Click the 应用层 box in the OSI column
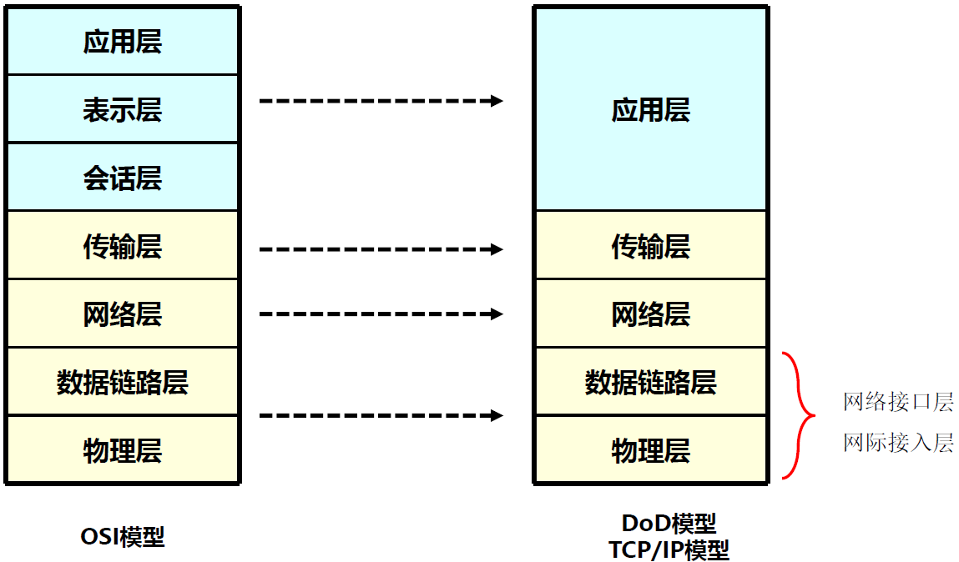(x=123, y=41)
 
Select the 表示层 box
(x=123, y=109)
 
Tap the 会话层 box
(x=123, y=178)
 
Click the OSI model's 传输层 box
(x=123, y=246)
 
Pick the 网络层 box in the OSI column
(x=123, y=314)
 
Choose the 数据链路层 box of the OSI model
(x=123, y=383)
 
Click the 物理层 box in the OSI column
(x=123, y=451)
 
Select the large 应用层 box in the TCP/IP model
(x=650, y=109)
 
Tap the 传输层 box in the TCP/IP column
(x=650, y=246)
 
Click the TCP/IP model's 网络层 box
(x=650, y=314)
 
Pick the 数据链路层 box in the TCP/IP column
(x=650, y=383)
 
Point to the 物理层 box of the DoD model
(x=650, y=451)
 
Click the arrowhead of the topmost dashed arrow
(x=497, y=101)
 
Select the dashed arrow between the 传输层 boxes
(x=380, y=248)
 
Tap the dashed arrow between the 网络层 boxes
(x=380, y=314)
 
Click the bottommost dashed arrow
(x=380, y=415)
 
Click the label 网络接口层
(x=898, y=403)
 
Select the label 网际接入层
(x=898, y=442)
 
